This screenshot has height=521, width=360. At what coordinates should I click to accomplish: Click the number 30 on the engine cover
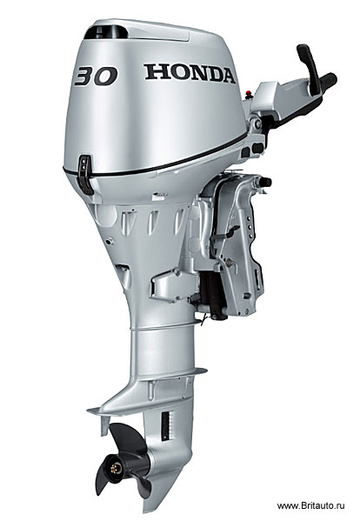(96, 76)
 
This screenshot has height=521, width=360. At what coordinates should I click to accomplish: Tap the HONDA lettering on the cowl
(190, 73)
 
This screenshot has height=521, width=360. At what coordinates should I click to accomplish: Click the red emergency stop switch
(249, 94)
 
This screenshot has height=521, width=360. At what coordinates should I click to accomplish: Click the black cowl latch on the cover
(85, 174)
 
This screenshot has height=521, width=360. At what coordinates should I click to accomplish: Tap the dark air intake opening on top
(106, 32)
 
